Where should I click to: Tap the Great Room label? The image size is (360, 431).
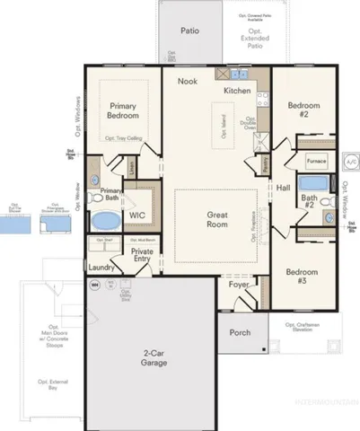click(216, 219)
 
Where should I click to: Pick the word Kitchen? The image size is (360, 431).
click(237, 92)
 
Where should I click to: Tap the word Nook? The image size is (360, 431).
click(187, 82)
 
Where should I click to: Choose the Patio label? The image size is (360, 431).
click(189, 31)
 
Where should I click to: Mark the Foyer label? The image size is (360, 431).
click(240, 285)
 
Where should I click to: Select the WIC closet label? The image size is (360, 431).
click(136, 216)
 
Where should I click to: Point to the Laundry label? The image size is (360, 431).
click(99, 268)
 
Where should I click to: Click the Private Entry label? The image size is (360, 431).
click(142, 257)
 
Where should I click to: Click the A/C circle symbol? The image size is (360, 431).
click(350, 160)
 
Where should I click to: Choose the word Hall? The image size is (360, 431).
click(283, 188)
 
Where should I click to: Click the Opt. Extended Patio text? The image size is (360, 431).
click(256, 33)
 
